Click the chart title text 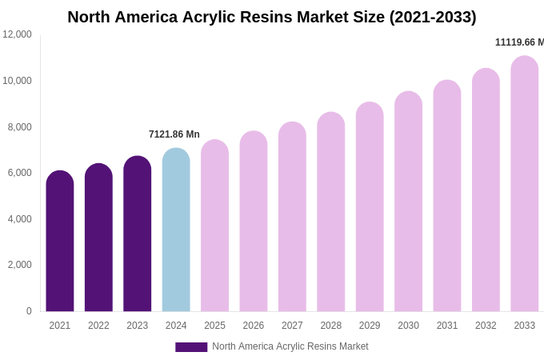point(271,17)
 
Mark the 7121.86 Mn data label point(174,134)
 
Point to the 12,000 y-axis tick point(17,34)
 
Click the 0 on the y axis point(29,311)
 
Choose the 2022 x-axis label point(98,326)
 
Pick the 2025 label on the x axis point(214,326)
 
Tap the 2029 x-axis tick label point(370,326)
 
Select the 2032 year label point(486,326)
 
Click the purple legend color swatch point(191,347)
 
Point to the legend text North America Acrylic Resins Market point(290,346)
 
